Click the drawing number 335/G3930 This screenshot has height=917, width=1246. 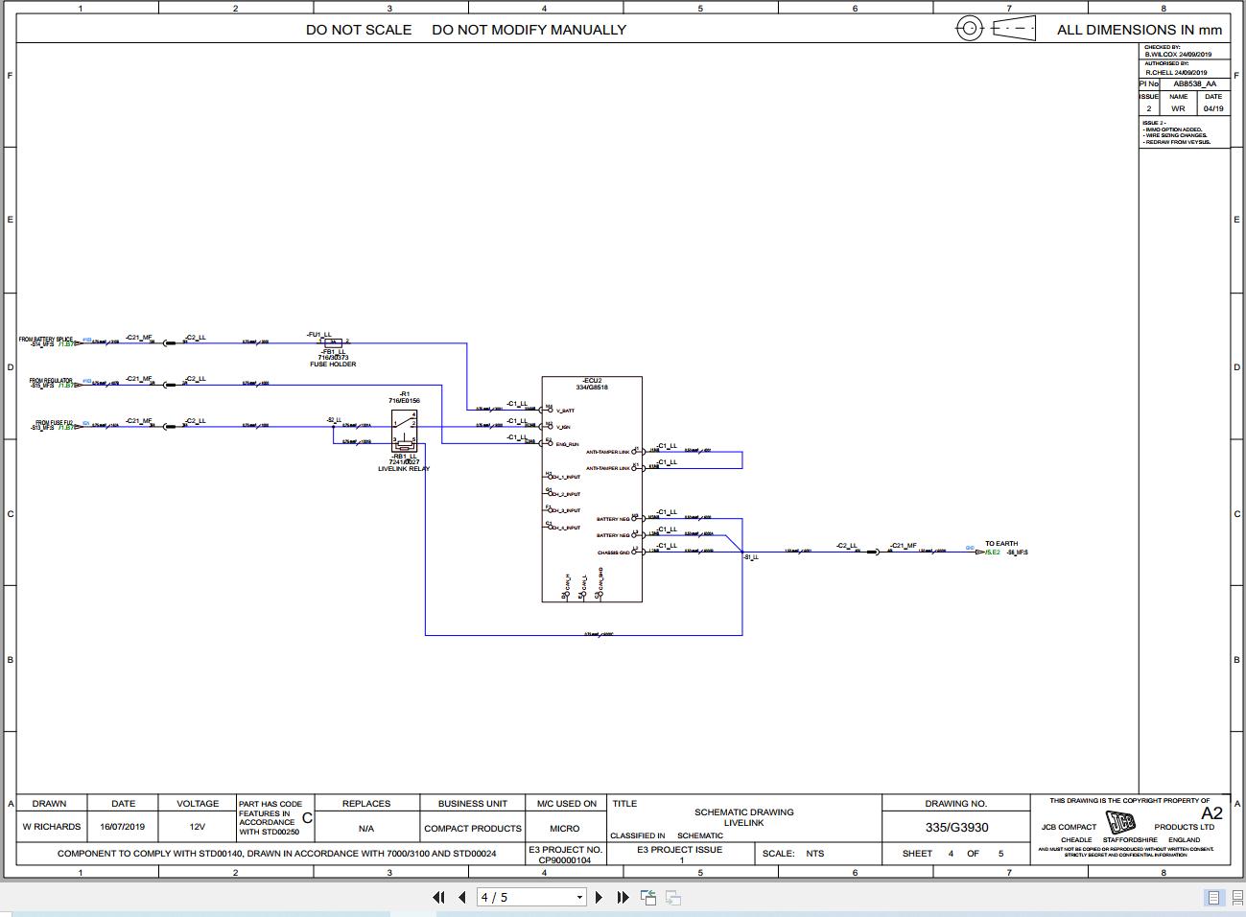pos(956,828)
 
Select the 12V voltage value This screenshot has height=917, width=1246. pos(197,827)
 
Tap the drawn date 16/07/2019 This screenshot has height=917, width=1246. pos(123,827)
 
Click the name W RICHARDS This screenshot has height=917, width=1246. pos(52,827)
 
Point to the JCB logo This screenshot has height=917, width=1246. pos(1121,823)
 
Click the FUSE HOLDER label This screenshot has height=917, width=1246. pos(332,364)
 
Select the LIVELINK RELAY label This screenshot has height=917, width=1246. pos(404,469)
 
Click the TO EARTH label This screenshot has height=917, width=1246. pos(1001,544)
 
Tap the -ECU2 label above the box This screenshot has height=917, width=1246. pos(592,381)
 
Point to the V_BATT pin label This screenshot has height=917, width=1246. pos(565,411)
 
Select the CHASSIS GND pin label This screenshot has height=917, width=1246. pos(614,553)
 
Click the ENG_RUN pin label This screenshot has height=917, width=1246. pos(567,444)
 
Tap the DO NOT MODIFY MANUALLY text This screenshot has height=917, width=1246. pos(529,30)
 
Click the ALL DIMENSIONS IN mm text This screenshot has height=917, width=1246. pos(1140,30)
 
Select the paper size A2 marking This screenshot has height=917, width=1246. pos(1211,813)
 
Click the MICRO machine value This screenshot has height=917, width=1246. pos(565,828)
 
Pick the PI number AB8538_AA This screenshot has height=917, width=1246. pos(1194,83)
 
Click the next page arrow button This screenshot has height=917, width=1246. pos(599,897)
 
